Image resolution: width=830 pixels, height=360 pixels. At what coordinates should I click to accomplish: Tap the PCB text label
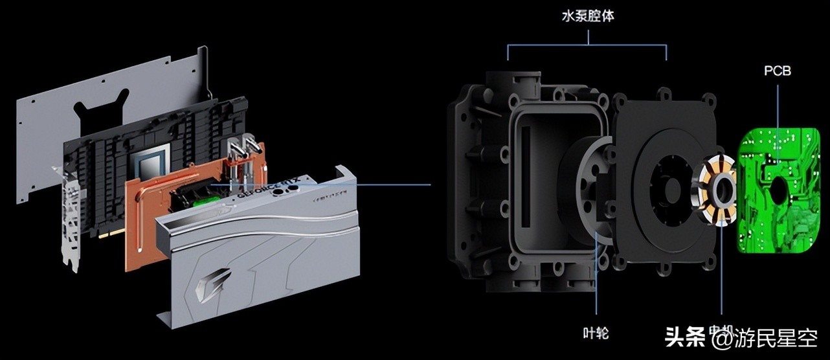pyautogui.click(x=777, y=71)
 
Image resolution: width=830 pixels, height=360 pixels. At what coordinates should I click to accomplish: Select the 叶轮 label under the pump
pyautogui.click(x=595, y=333)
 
